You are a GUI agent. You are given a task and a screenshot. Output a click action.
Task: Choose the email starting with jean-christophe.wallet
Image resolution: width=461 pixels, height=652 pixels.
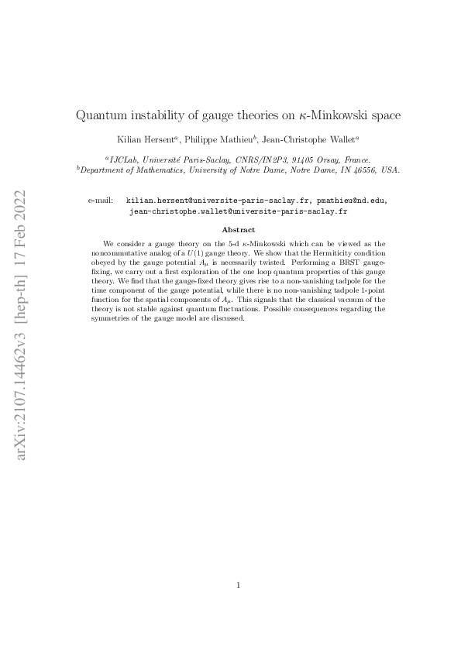coord(238,210)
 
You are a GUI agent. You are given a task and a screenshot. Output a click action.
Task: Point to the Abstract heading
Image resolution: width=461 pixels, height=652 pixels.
coord(238,229)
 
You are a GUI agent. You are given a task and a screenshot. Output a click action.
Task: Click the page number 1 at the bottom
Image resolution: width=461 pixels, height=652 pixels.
coord(239,585)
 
